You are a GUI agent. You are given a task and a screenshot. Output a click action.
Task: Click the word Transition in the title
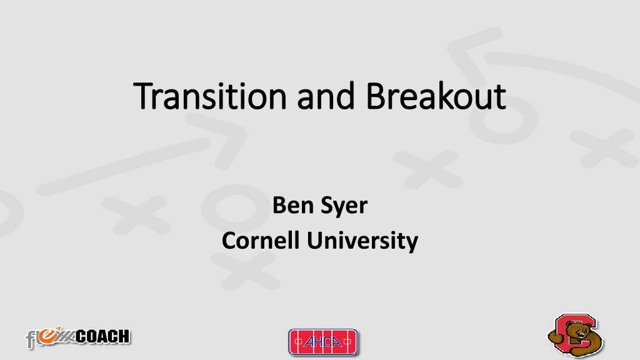[x=210, y=96]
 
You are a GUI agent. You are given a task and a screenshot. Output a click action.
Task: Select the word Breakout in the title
[x=436, y=96]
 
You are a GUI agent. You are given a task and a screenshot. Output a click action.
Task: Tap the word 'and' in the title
[x=326, y=96]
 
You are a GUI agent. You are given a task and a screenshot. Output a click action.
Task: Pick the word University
[x=362, y=241]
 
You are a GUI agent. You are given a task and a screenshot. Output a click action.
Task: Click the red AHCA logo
[x=323, y=342]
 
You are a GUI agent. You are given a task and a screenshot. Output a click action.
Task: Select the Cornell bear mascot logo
[x=576, y=336]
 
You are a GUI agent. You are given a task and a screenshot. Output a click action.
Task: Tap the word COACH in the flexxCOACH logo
[x=102, y=337]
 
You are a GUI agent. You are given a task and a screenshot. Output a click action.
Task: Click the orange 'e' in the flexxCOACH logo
[x=47, y=334]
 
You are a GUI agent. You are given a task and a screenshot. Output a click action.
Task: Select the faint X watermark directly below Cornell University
[x=245, y=269]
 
